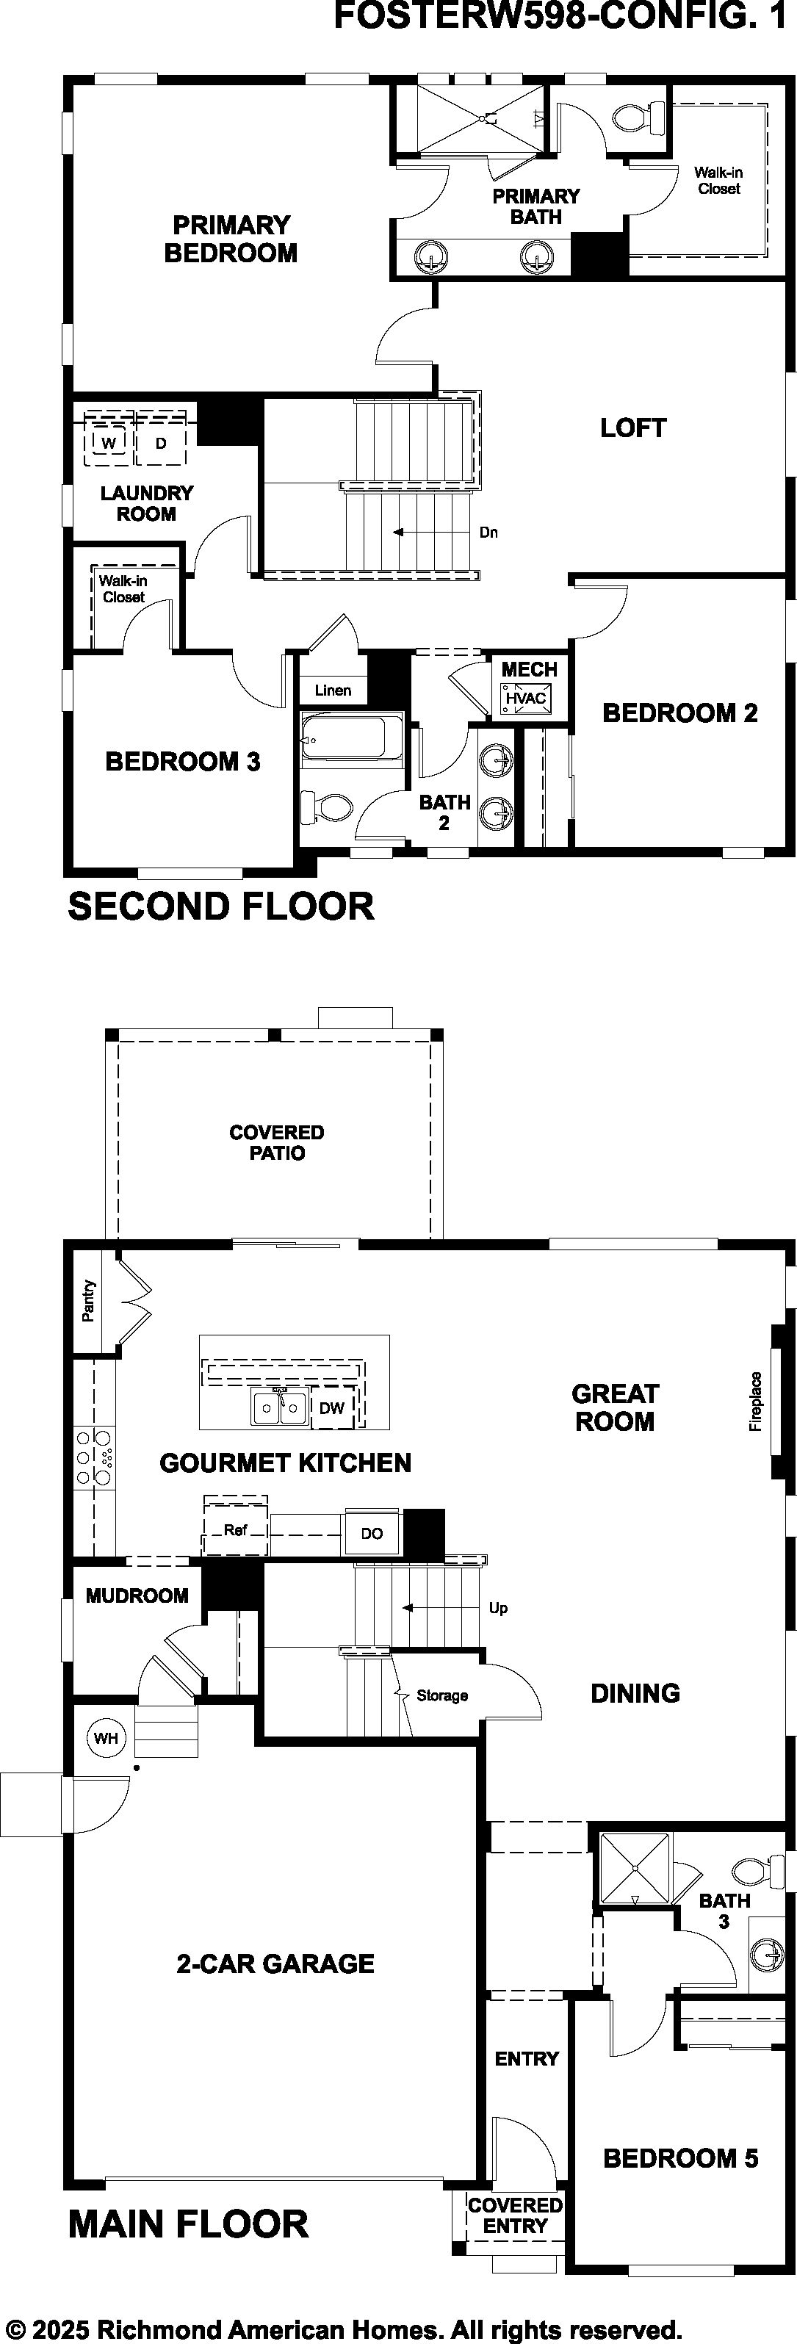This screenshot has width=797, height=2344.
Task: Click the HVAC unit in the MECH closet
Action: (525, 698)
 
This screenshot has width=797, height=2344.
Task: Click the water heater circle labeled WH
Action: (107, 1738)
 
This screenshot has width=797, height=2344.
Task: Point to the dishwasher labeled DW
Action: (332, 1407)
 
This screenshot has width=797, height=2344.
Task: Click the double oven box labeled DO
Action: (372, 1533)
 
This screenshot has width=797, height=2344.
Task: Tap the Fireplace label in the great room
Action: (756, 1402)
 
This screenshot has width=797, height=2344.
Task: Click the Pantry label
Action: (88, 1301)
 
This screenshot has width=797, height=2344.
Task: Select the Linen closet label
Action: (333, 690)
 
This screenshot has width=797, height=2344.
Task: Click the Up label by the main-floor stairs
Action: (499, 1608)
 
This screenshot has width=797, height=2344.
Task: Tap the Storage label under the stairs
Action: (442, 1695)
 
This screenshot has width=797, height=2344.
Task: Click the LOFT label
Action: (633, 428)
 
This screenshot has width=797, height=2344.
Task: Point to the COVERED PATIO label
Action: (277, 1142)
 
